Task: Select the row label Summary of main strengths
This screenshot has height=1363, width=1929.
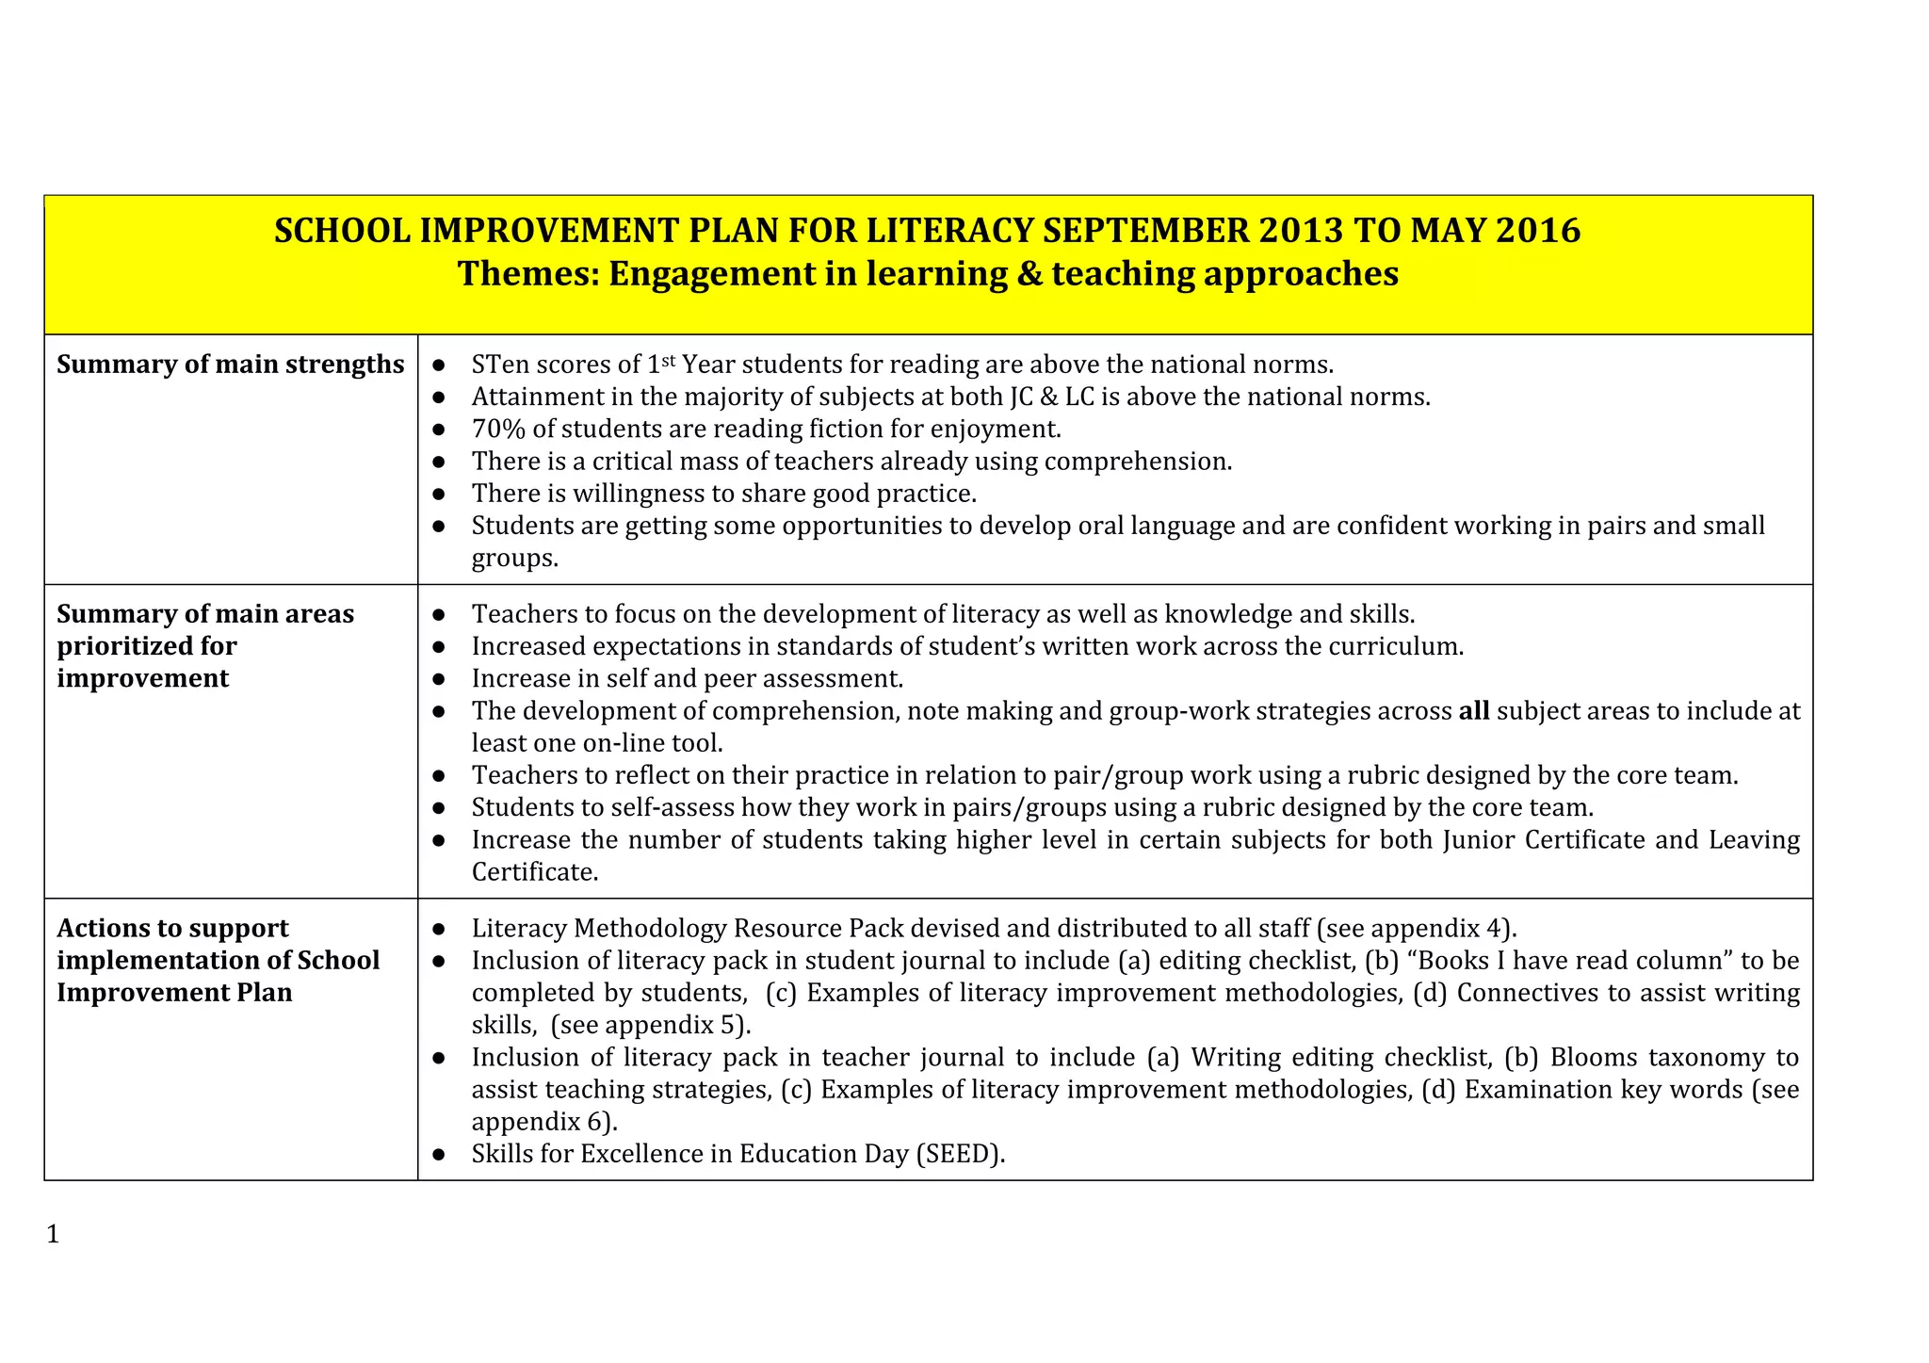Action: [x=230, y=365]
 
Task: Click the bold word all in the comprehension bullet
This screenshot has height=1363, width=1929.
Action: [x=1474, y=711]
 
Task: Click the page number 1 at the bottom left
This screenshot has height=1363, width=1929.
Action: [x=53, y=1234]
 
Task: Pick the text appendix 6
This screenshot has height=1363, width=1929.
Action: [x=539, y=1123]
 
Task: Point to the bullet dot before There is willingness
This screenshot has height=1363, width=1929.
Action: [x=439, y=494]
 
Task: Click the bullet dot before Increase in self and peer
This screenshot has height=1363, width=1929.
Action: [x=439, y=679]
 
